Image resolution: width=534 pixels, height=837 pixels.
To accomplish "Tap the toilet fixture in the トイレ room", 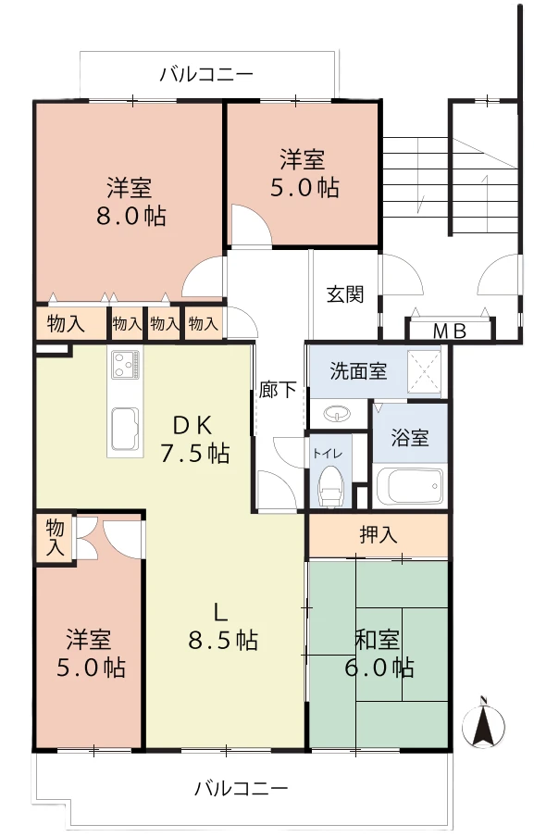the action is (329, 485).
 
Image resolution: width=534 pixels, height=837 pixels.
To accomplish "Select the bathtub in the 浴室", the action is (409, 486).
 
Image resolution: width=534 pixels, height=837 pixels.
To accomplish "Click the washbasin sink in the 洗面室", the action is (337, 413).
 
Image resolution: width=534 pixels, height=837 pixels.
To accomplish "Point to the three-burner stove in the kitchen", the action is (125, 364).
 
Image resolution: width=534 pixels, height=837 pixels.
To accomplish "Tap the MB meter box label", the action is (449, 331).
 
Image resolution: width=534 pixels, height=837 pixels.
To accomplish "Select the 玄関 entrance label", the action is (345, 294).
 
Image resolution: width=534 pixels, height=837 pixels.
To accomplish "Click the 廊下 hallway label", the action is (278, 389).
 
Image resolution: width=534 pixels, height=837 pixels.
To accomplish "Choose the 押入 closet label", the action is (378, 534).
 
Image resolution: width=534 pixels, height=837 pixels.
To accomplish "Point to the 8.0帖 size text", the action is (131, 216).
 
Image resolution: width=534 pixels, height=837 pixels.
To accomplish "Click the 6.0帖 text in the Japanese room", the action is (379, 668).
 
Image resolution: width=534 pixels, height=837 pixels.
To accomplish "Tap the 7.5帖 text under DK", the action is (195, 454).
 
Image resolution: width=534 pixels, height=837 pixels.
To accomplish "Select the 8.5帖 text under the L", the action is (223, 640).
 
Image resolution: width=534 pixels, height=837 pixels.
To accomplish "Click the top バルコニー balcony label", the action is (206, 74).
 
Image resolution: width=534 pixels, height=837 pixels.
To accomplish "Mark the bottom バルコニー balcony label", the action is (242, 788).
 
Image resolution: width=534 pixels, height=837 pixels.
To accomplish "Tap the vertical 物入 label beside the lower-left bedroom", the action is (55, 538).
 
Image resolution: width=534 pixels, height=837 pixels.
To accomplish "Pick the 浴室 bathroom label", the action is (409, 438).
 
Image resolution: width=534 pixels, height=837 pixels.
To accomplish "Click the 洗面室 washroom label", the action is (358, 371).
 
